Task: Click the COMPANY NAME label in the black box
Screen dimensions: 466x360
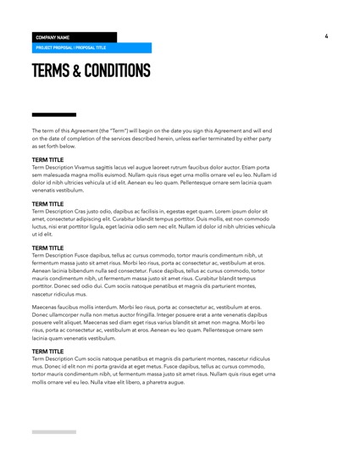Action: pyautogui.click(x=53, y=37)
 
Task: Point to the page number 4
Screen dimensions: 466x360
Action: pyautogui.click(x=326, y=36)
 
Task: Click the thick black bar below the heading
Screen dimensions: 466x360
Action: pyautogui.click(x=54, y=114)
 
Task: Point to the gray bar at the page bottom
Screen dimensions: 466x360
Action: pyautogui.click(x=54, y=432)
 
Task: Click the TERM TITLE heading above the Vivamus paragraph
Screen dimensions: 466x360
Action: pyautogui.click(x=47, y=159)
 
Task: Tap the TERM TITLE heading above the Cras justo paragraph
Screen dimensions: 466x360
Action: pyautogui.click(x=47, y=204)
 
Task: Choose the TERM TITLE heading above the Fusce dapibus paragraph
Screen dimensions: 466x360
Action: pyautogui.click(x=47, y=248)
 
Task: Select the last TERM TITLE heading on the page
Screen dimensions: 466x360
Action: pyautogui.click(x=47, y=350)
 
